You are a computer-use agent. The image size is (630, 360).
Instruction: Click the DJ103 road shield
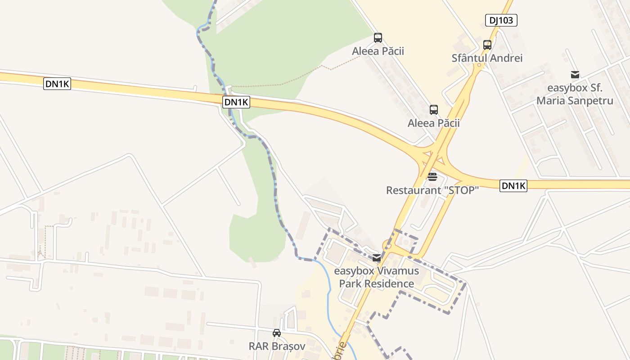[x=501, y=20]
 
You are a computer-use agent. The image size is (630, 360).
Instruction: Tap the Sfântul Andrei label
[x=487, y=58]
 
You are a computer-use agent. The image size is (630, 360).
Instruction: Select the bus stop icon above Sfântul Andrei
[x=487, y=45]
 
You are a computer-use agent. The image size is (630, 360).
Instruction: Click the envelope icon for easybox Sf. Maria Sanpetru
[x=575, y=75]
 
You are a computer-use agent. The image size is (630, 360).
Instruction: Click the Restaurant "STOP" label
[x=432, y=190]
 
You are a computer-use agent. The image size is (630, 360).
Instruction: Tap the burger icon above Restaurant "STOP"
[x=432, y=177]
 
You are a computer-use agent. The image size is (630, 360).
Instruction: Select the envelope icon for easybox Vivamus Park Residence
[x=377, y=258]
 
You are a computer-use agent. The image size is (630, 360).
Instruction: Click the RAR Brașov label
[x=277, y=346]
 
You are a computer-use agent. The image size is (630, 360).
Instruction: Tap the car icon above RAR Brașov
[x=277, y=333]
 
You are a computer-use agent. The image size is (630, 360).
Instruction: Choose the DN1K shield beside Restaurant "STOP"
[x=513, y=186]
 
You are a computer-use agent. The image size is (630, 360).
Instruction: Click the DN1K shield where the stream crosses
[x=236, y=102]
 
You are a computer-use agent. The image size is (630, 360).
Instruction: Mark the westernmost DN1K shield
[x=57, y=84]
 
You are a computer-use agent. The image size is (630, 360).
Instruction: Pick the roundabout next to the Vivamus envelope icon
[x=387, y=246]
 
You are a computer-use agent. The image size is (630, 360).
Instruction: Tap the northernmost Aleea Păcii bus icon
[x=378, y=38]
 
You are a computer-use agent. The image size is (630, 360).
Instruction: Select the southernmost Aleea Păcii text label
[x=433, y=123]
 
